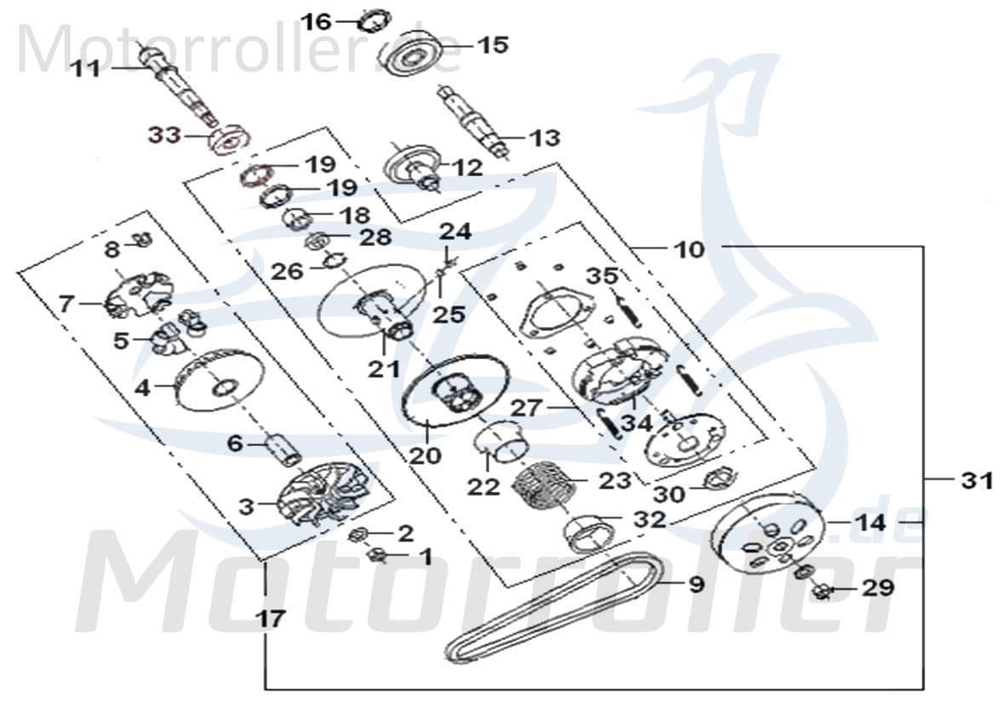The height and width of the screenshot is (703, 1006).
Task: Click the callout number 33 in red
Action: [164, 134]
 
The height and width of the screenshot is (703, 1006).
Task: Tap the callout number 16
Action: [317, 21]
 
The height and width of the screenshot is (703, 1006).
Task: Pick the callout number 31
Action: [977, 481]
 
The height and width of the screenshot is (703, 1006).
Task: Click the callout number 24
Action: [454, 231]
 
